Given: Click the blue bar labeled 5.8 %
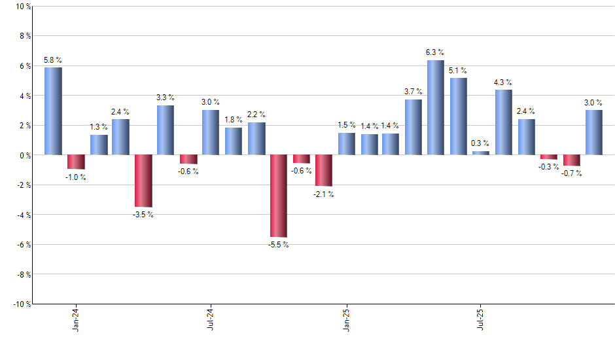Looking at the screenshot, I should point(53,111).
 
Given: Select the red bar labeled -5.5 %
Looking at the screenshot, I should point(278,196).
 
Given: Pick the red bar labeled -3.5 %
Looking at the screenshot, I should point(143,181).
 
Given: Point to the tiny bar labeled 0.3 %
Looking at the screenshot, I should point(481,153).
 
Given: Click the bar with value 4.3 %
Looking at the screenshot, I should point(504,122).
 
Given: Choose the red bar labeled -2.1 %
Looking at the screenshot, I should point(324,170).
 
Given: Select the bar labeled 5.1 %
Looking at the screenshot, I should point(459,117).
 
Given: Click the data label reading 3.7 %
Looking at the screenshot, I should point(413,91).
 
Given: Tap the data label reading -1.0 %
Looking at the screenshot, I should point(76,177).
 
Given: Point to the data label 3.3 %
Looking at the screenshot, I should point(166,97).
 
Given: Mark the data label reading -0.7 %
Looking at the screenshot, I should point(572,173).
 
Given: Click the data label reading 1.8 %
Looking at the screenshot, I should point(234,119).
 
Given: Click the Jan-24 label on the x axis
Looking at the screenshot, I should point(77,319).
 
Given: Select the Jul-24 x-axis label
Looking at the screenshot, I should point(211,319).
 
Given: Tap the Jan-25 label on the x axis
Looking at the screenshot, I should point(346,319).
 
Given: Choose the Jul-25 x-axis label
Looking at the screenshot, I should point(481,319).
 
